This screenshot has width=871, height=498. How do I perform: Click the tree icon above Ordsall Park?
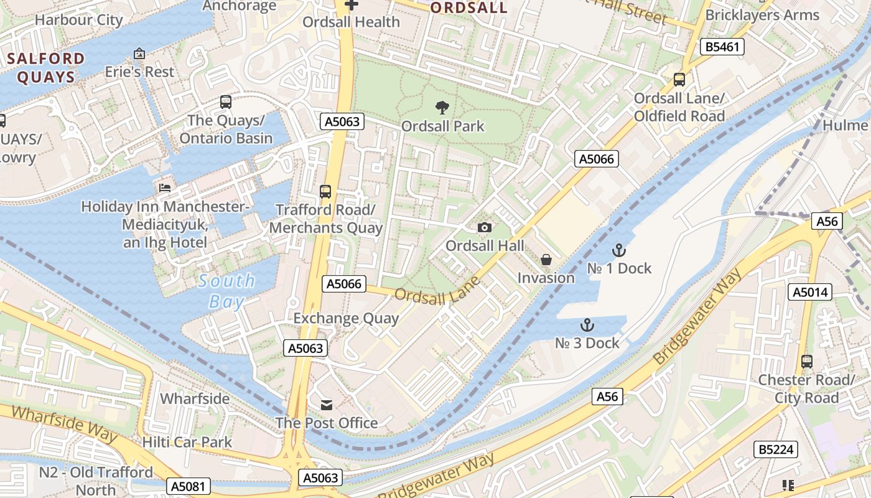click(x=442, y=108)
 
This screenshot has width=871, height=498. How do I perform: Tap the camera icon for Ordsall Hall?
click(x=485, y=228)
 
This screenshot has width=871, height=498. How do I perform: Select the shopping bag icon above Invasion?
click(x=546, y=260)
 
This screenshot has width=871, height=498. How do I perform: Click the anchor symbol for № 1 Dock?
click(x=618, y=250)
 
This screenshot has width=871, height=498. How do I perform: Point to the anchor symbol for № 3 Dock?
click(x=587, y=325)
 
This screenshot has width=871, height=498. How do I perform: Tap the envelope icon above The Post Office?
click(x=327, y=405)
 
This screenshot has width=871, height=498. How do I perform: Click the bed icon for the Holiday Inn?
click(x=165, y=187)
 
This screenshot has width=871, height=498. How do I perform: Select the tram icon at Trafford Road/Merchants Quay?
click(x=325, y=192)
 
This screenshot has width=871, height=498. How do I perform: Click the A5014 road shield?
click(x=809, y=292)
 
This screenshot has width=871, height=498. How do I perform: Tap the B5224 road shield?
click(x=776, y=449)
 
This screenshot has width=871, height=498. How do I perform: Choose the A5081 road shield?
click(x=189, y=486)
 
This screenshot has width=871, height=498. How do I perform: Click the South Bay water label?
click(x=226, y=291)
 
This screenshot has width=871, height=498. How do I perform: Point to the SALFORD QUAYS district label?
click(x=46, y=68)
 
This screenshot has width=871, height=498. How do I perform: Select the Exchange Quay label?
click(x=346, y=319)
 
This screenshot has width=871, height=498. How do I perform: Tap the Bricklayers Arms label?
click(x=762, y=15)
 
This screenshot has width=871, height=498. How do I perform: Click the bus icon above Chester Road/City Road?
click(x=807, y=361)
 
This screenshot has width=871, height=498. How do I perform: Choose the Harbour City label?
click(x=79, y=20)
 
